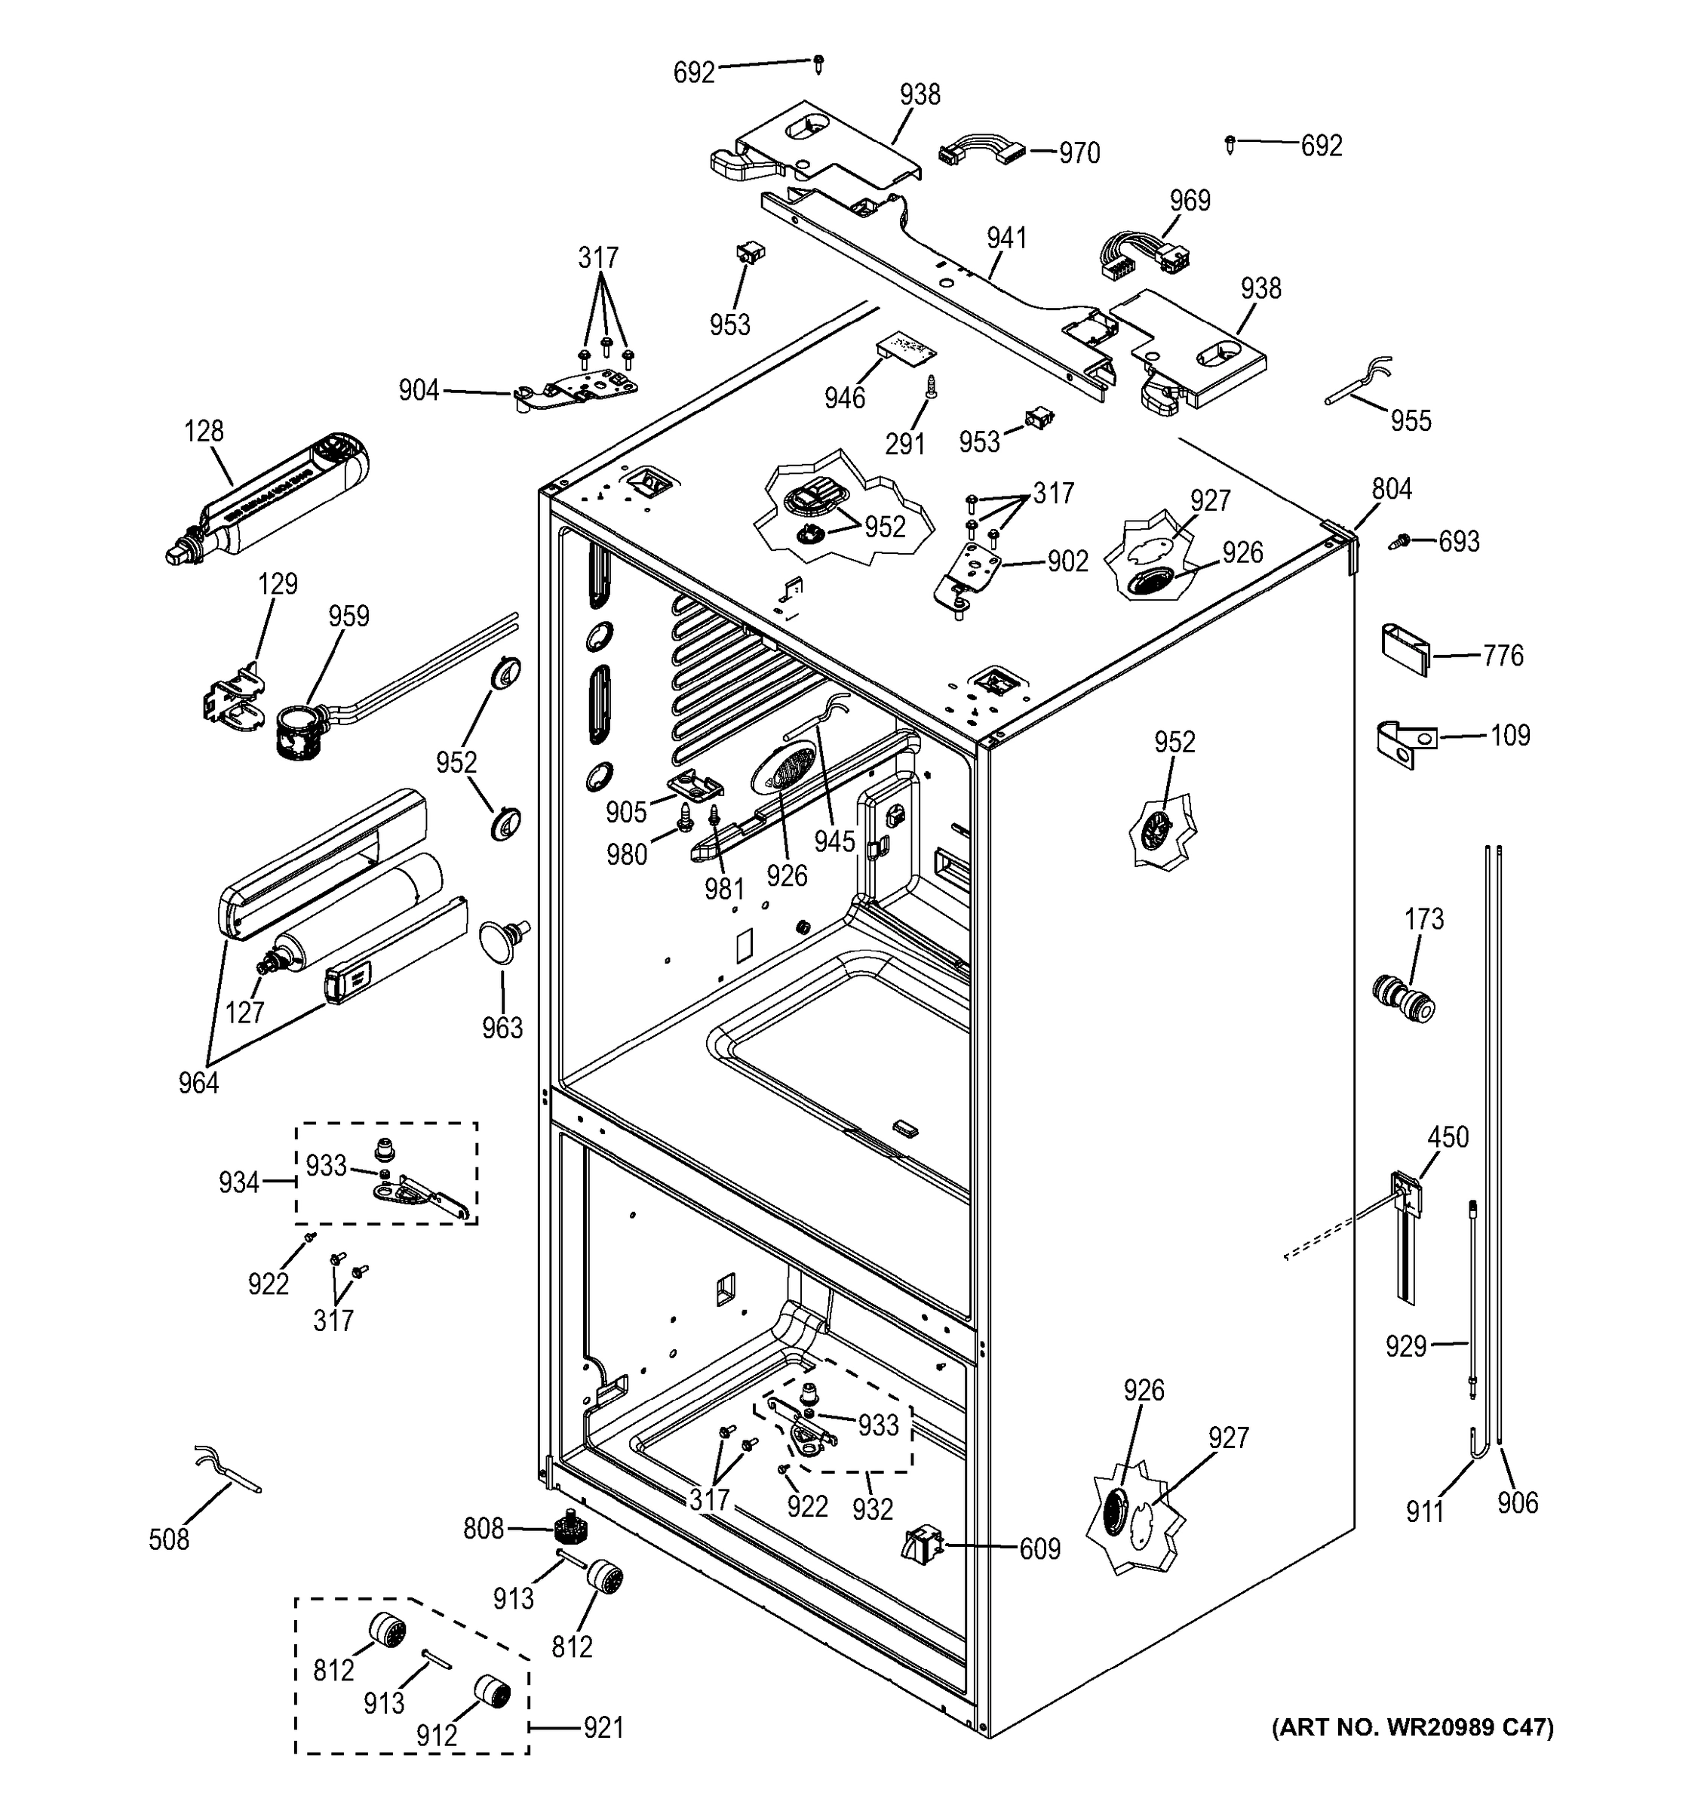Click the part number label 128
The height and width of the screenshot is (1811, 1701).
click(204, 431)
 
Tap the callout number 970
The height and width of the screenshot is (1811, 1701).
click(1079, 153)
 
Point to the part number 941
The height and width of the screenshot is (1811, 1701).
click(1006, 238)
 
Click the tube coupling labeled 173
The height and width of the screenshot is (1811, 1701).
click(1402, 999)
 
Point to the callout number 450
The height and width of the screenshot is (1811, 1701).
click(1448, 1137)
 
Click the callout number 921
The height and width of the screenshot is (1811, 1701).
click(603, 1727)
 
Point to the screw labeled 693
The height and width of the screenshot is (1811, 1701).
click(1402, 542)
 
